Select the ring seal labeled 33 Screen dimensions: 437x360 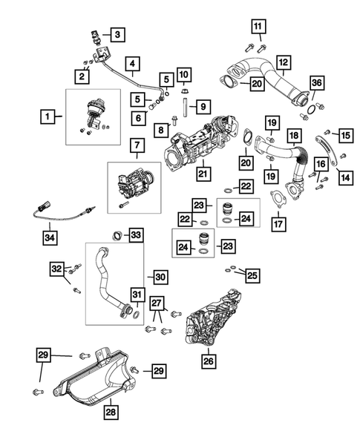point(117,237)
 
